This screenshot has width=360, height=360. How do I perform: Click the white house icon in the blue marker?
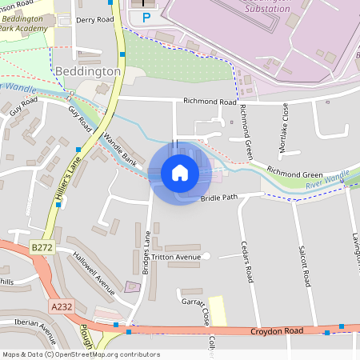tap(180, 173)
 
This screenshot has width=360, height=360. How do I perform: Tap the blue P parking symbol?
tap(146, 17)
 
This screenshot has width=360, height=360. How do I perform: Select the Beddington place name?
tap(88, 71)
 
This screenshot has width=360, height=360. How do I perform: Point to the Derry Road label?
tap(95, 19)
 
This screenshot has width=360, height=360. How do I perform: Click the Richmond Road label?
tap(210, 102)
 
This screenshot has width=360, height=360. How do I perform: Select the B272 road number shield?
tap(42, 249)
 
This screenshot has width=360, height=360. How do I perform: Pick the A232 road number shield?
tap(60, 306)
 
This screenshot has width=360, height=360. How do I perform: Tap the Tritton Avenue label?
tap(174, 258)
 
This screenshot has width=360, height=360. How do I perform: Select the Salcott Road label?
tap(304, 267)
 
